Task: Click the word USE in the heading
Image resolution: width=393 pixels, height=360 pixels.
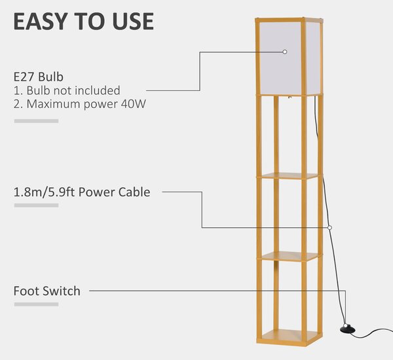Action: pos(133,22)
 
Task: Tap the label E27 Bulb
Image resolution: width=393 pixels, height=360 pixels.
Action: pos(39,77)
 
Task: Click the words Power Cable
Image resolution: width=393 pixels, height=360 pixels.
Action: pos(114,192)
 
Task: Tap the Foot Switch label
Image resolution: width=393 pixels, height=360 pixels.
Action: pos(47,291)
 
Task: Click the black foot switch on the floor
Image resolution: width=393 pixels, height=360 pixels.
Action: pos(348,329)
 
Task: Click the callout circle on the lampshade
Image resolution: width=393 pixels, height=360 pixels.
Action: pos(285,52)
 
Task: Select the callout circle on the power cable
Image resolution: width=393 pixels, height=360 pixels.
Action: pos(330,228)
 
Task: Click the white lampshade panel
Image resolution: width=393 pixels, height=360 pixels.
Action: pos(280,58)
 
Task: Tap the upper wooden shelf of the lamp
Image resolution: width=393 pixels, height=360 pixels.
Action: pos(288,176)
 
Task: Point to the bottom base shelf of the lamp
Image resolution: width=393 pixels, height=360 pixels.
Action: pos(290,336)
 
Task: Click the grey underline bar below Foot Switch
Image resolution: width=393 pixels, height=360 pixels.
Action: pos(36,304)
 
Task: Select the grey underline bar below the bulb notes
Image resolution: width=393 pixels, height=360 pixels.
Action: pos(36,121)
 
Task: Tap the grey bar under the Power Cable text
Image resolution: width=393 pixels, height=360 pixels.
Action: pos(36,206)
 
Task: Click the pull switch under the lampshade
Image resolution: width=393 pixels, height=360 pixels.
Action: pos(289,98)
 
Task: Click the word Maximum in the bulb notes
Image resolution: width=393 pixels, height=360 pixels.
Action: pos(53,104)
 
